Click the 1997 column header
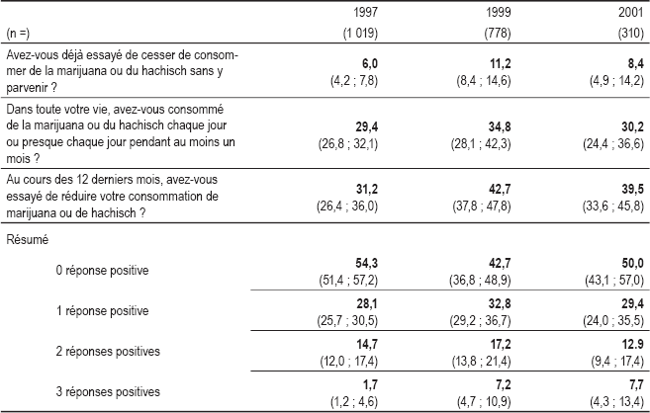pos(366,12)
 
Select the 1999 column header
pos(499,12)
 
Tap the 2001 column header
pos(631,12)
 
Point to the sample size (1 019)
pos(360,33)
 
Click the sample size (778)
pos(498,33)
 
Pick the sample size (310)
pos(630,33)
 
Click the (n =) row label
pos(18,34)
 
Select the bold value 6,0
pos(369,64)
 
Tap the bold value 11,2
pos(500,64)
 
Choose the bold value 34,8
pos(500,127)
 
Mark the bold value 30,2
pos(632,127)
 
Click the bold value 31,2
pos(367,189)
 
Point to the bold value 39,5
pos(632,189)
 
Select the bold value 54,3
pos(367,263)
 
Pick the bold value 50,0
pos(632,263)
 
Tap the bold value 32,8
pos(500,303)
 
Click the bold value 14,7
pos(367,344)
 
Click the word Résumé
pos(28,240)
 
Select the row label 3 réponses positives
pos(108,392)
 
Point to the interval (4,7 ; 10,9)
pos(484,401)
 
